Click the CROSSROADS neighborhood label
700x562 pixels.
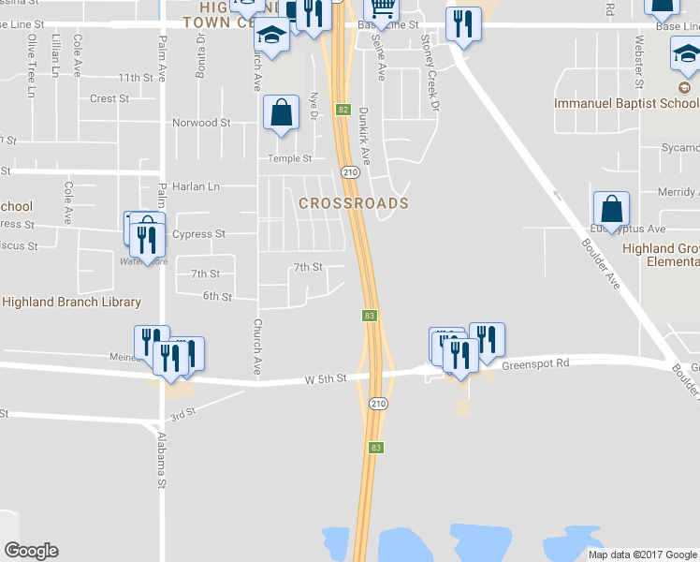point(353,203)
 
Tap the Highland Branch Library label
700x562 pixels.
point(71,302)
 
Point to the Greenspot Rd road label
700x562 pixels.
point(536,363)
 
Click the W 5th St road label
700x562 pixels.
point(326,378)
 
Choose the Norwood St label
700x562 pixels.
point(201,123)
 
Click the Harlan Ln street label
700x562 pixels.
point(196,186)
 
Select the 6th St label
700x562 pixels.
point(217,297)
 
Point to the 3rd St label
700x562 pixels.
point(181,412)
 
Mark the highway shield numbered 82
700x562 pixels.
point(343,110)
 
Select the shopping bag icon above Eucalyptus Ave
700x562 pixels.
point(611,208)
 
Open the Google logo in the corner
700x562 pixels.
point(31,551)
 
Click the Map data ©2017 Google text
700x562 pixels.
point(641,554)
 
